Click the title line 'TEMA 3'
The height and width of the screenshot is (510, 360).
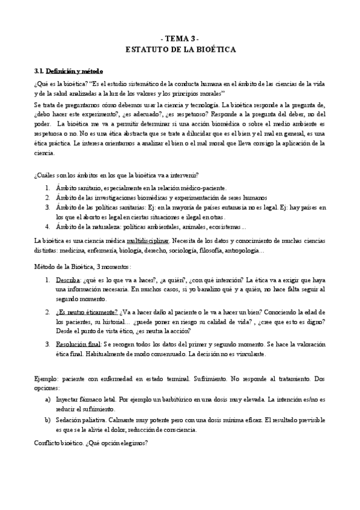[180, 37]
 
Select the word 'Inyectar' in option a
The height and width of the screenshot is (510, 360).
[67, 399]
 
